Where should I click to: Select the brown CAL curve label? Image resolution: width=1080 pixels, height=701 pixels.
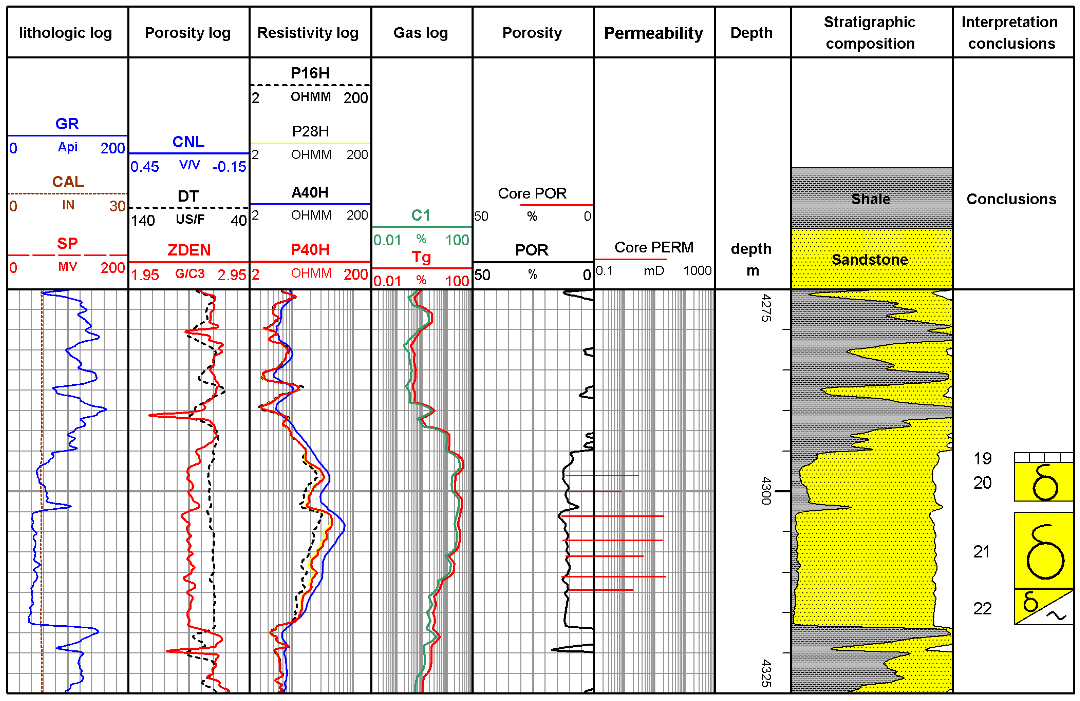coord(68,182)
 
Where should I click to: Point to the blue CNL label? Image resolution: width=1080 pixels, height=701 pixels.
coord(188,142)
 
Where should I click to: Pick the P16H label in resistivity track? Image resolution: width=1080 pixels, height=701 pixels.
coord(310,73)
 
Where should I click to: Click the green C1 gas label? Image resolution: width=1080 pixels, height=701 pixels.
coord(421,215)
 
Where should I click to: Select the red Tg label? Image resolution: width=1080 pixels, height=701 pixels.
coord(421,257)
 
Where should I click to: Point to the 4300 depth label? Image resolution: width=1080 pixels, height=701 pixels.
coord(766,491)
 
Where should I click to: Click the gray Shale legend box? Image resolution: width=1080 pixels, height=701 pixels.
coord(871,198)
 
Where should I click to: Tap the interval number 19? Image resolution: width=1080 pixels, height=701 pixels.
coord(982,458)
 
